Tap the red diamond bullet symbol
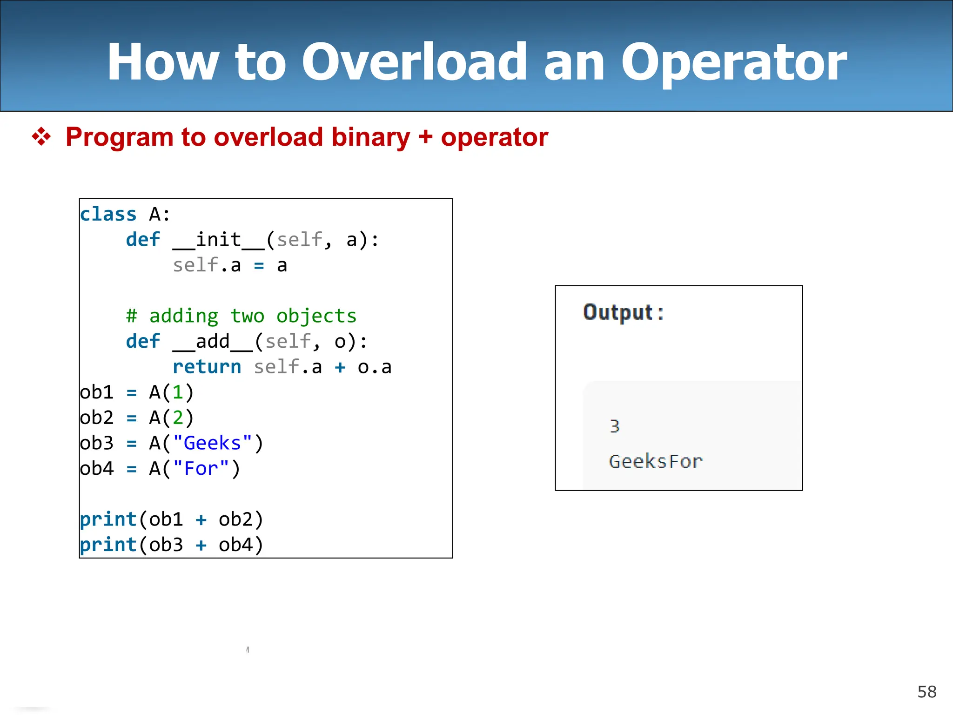[41, 137]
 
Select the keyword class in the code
[108, 215]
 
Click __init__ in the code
[218, 240]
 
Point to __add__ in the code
[213, 342]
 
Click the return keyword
[207, 367]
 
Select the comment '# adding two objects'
[241, 316]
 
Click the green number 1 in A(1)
[178, 392]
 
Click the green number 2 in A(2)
[178, 418]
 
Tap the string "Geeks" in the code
[212, 443]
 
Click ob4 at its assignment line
[97, 468]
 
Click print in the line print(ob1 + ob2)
[108, 519]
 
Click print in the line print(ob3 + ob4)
[108, 545]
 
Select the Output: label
[623, 312]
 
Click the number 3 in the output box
[615, 426]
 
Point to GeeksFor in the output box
[655, 461]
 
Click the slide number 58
[926, 692]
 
